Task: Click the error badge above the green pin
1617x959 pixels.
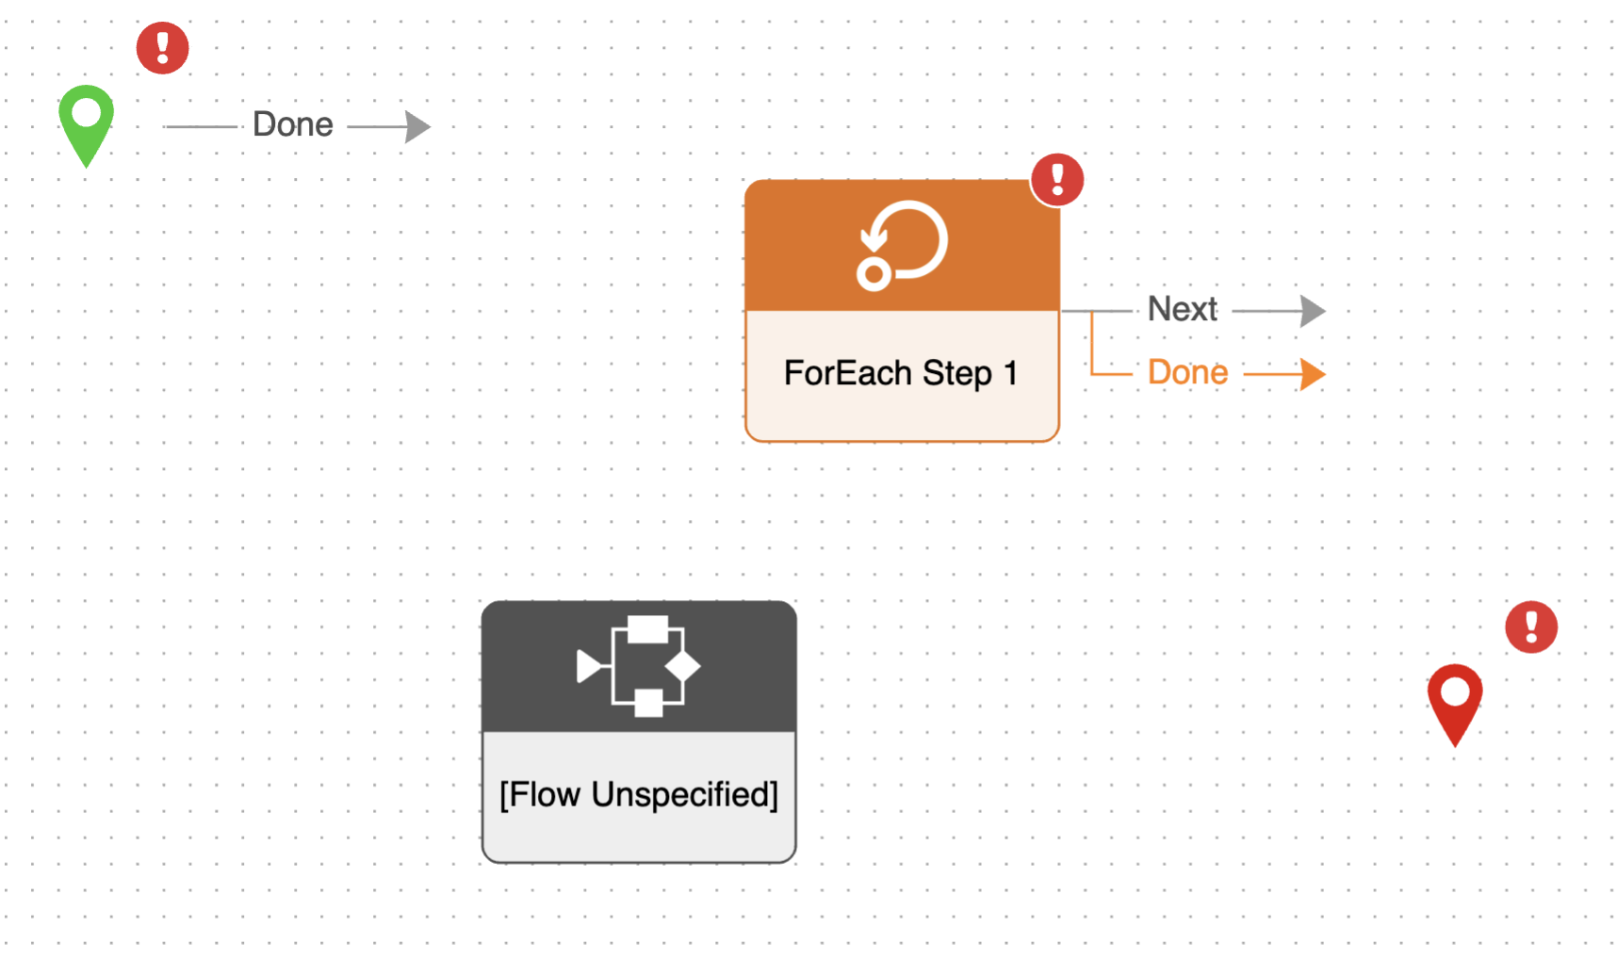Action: coord(163,48)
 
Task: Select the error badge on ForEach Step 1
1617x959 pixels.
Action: coord(1057,179)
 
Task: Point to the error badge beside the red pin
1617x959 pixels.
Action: coord(1531,627)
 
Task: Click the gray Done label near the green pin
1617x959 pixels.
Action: coord(293,124)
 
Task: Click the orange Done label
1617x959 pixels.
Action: coord(1187,373)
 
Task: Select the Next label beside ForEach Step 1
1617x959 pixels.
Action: coord(1183,309)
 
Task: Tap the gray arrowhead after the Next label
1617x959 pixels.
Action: coord(1313,310)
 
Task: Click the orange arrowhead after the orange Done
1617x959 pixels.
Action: coord(1313,374)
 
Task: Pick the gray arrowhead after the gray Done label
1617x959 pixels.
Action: coord(417,126)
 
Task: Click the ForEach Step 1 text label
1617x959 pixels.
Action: coord(901,373)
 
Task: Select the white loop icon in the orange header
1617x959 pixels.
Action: coord(902,245)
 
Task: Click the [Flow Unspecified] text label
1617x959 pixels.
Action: coord(639,794)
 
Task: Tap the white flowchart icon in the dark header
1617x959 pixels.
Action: coord(639,666)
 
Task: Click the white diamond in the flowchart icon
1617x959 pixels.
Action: coord(682,666)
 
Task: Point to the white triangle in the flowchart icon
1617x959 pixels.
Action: coord(591,666)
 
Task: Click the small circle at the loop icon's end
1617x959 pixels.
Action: coord(874,274)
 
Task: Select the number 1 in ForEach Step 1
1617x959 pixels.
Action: coord(1010,373)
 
